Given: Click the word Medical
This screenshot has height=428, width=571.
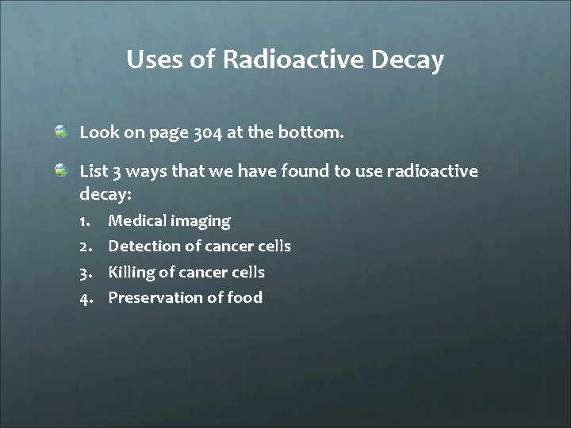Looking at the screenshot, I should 137,220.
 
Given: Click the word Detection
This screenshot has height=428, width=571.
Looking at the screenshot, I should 146,246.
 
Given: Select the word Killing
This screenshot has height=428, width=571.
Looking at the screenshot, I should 132,273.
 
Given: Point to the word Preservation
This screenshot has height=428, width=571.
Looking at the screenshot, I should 157,297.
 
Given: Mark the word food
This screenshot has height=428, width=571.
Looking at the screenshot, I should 246,297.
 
